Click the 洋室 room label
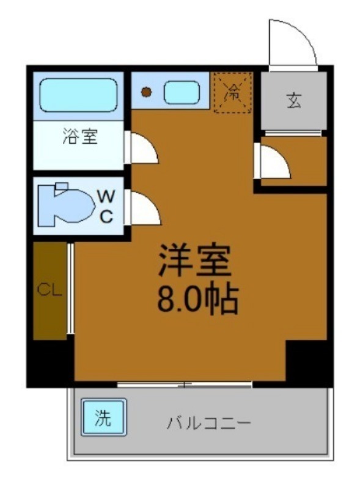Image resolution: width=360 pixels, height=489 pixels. point(194,261)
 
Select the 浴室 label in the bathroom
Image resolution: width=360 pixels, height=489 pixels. point(79,137)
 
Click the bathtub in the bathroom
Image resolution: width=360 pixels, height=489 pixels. point(78,95)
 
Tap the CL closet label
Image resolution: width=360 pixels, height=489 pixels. point(50,290)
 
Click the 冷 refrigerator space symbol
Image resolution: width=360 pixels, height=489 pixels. point(233,93)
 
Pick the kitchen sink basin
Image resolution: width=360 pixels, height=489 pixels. point(182,93)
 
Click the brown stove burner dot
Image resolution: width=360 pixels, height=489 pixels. point(146,93)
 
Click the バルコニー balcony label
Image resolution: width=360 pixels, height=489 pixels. point(208,423)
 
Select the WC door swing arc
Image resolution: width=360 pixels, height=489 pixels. point(144,209)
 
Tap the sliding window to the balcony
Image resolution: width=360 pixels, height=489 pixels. point(185,384)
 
